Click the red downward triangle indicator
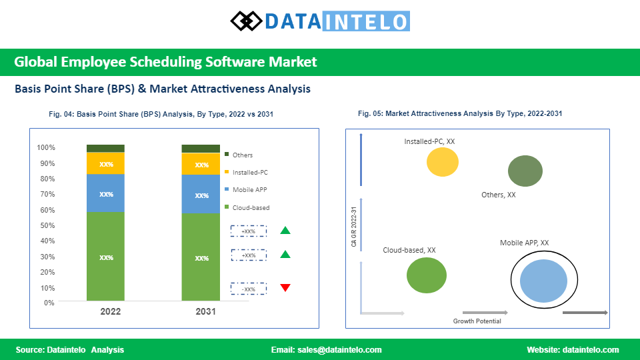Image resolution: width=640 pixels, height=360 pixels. [x=285, y=287]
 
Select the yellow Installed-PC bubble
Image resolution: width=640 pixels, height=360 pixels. [x=443, y=162]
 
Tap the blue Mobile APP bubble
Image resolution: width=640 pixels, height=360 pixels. [x=544, y=281]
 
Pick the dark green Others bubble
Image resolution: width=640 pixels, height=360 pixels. [x=525, y=171]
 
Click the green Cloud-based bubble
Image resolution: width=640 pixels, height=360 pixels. [x=427, y=275]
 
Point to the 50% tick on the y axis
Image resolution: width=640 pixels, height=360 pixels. [x=47, y=225]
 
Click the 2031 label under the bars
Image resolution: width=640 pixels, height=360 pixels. [x=205, y=311]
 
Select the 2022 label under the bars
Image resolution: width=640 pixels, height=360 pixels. [x=110, y=311]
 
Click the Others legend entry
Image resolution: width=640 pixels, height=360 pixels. [x=239, y=155]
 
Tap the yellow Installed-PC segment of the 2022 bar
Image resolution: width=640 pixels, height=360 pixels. [x=106, y=163]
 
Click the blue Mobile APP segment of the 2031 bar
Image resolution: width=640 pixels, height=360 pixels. [x=201, y=194]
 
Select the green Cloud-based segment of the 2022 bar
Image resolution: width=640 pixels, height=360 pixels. [x=106, y=256]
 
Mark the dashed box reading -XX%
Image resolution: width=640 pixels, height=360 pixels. [x=249, y=289]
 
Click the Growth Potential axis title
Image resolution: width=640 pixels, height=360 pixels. [x=477, y=321]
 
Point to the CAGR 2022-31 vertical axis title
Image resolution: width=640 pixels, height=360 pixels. [x=354, y=227]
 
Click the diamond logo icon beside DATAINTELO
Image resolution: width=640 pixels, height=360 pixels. [x=246, y=21]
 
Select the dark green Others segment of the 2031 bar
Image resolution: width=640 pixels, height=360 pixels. [x=201, y=149]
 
